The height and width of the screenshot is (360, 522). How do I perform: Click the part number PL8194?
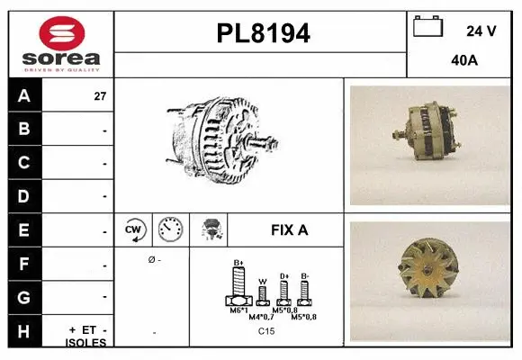tap(263, 33)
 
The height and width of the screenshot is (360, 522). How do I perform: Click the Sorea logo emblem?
tap(61, 32)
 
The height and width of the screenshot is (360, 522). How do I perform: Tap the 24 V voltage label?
tap(481, 31)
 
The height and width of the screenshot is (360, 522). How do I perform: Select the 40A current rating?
tap(464, 61)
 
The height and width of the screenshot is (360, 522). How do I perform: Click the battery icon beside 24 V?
tap(427, 27)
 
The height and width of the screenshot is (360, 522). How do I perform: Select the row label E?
tap(23, 229)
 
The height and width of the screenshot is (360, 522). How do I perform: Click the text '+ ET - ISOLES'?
tap(86, 336)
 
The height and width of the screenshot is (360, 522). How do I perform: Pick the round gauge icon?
tap(170, 229)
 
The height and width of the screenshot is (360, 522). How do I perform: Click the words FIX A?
tap(289, 229)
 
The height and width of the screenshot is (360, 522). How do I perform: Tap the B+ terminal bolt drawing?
tap(238, 287)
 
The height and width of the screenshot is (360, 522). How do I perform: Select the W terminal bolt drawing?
tap(262, 295)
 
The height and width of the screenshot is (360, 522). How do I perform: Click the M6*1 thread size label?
tap(238, 310)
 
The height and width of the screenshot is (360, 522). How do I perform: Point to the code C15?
tap(265, 332)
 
